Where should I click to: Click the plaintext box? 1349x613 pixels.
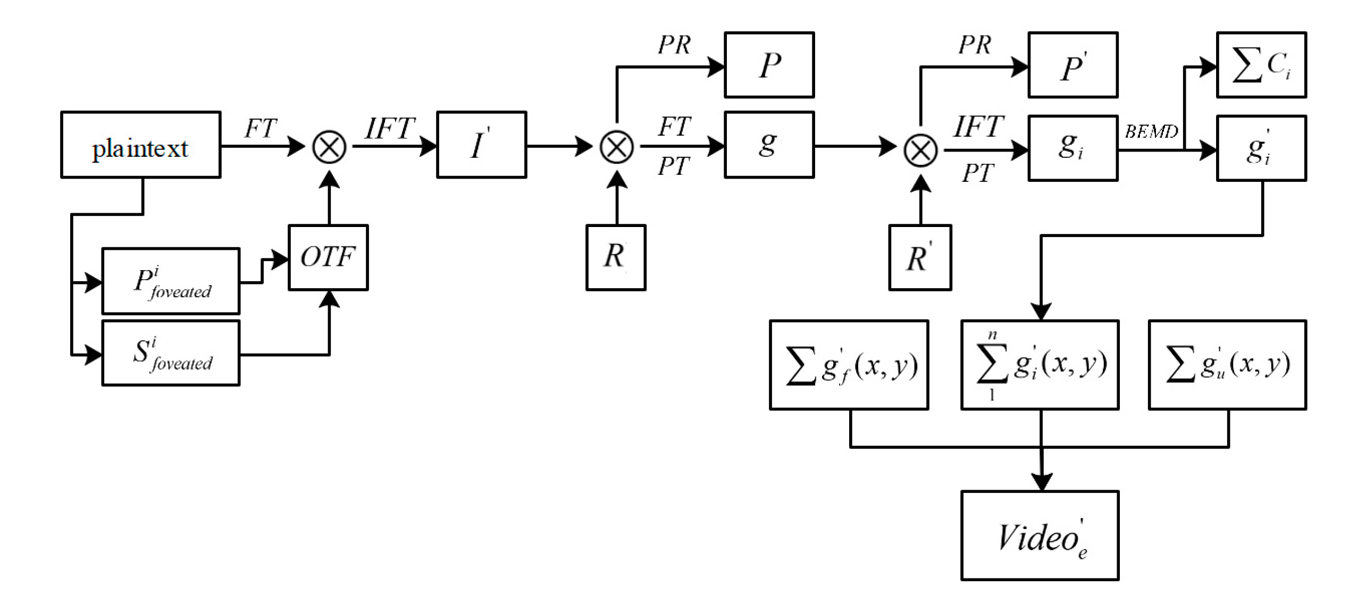tap(140, 145)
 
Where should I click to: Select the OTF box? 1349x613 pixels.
tap(328, 257)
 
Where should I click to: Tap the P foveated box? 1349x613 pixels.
tap(171, 281)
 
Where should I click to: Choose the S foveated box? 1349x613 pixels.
tap(171, 353)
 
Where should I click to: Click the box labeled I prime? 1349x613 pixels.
tap(481, 145)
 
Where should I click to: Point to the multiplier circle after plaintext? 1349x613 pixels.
tap(329, 147)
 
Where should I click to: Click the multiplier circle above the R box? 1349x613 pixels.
tap(616, 147)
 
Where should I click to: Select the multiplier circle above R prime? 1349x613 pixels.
tap(920, 150)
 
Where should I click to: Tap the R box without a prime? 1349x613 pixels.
tap(616, 257)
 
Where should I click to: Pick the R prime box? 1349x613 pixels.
tap(920, 257)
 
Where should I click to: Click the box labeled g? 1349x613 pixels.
tap(769, 145)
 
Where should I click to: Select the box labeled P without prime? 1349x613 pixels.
tap(769, 65)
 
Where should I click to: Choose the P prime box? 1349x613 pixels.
tap(1073, 65)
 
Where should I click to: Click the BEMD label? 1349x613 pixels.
tap(1151, 131)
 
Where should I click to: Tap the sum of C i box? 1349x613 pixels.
tap(1261, 65)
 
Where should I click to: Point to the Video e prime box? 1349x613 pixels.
tap(1040, 535)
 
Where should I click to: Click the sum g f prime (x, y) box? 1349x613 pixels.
tap(849, 365)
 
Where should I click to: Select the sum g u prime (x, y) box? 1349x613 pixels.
tap(1227, 365)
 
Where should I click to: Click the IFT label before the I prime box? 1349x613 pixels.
tap(390, 129)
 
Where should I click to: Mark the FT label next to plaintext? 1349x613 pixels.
tap(261, 129)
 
